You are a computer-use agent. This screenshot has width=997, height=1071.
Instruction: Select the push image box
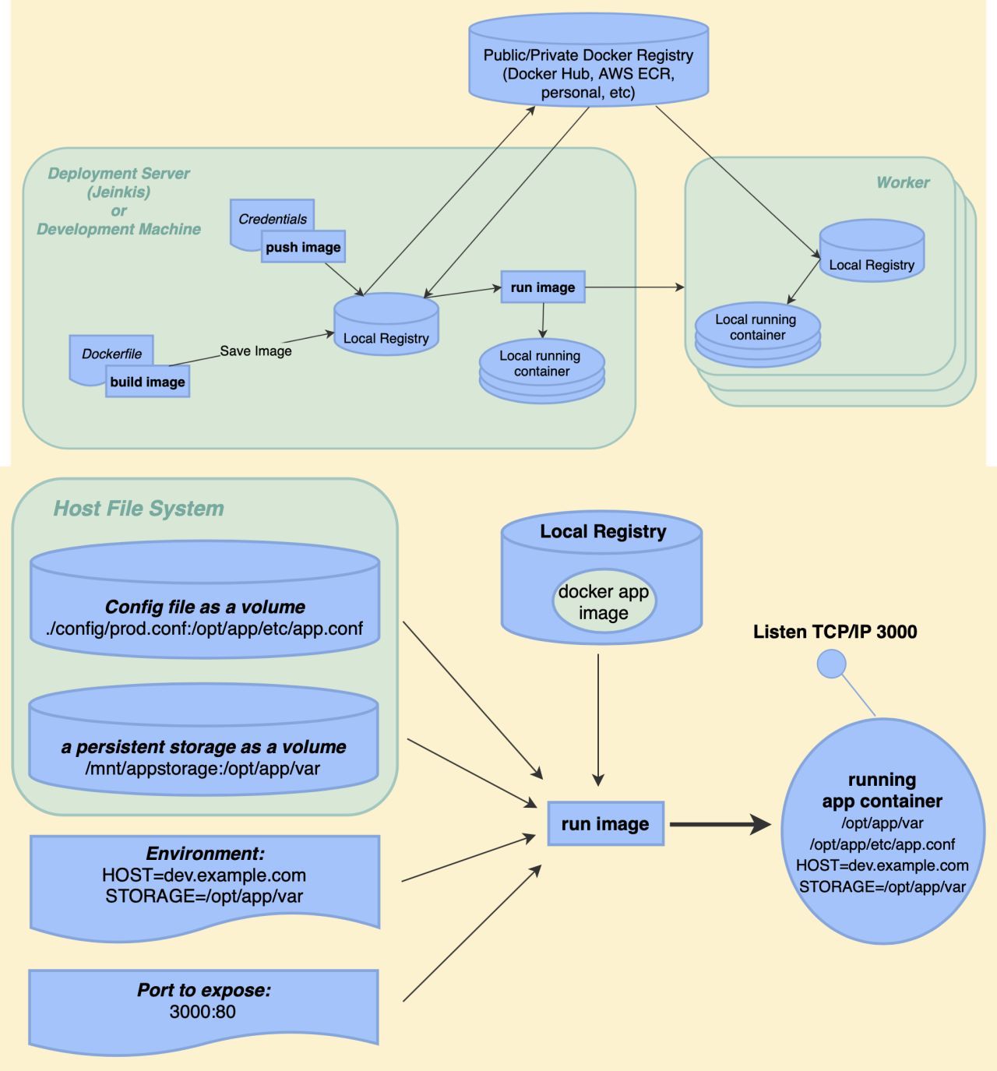coord(303,247)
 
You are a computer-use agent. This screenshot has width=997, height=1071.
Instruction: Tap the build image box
coord(147,382)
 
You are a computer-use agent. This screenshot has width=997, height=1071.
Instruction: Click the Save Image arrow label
coord(255,351)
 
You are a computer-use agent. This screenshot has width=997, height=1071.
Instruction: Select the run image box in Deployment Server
coord(543,287)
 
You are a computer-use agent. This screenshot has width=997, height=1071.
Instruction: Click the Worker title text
coord(902,182)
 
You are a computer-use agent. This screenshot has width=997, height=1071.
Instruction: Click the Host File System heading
coord(139,509)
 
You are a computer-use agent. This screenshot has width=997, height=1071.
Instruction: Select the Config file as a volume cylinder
coord(205,608)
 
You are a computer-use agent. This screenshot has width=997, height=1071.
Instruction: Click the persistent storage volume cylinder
coord(203,748)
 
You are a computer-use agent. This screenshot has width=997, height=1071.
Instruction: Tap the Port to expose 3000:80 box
coord(203,1003)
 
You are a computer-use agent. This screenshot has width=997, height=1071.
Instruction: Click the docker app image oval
coord(603,602)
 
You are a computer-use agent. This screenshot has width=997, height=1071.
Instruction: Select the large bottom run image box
coord(605,824)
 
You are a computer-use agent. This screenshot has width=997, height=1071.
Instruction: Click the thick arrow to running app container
coord(720,824)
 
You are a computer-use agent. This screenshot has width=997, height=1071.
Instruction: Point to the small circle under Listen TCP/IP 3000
coord(831,664)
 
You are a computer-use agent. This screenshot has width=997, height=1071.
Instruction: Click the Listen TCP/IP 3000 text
coord(834,632)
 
